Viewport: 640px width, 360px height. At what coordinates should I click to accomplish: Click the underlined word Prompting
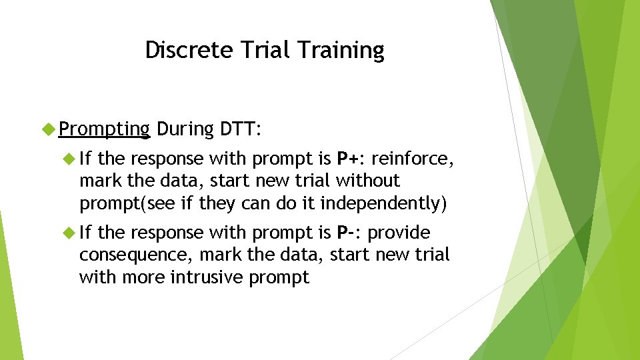104,129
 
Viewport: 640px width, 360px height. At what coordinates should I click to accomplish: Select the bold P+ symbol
348,159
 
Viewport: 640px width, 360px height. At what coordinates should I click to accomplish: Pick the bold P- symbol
347,233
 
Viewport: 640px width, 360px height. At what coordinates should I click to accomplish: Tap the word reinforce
413,159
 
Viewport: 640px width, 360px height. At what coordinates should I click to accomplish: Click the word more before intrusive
146,277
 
